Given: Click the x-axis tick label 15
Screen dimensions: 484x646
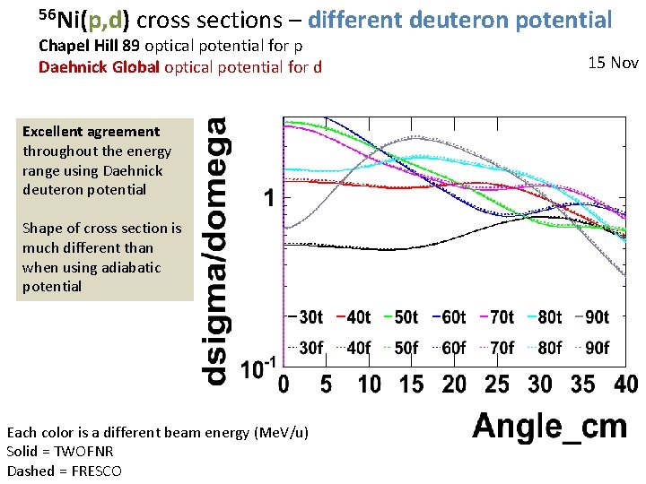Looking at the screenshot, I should [x=411, y=384].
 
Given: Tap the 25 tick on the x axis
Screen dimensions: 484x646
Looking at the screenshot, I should [x=496, y=384].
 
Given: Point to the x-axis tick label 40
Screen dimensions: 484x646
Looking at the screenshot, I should [x=624, y=384].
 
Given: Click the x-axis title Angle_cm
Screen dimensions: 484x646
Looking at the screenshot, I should [x=549, y=426].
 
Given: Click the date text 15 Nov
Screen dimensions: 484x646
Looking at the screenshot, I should [x=613, y=63].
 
